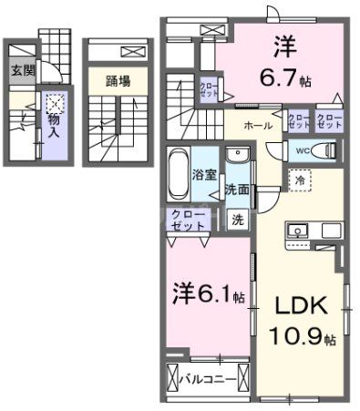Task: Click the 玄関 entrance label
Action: coord(22,69)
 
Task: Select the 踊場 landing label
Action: coord(118,81)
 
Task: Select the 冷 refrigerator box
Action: coord(298,180)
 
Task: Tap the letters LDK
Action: coord(294,305)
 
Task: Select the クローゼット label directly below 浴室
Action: coord(188,219)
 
